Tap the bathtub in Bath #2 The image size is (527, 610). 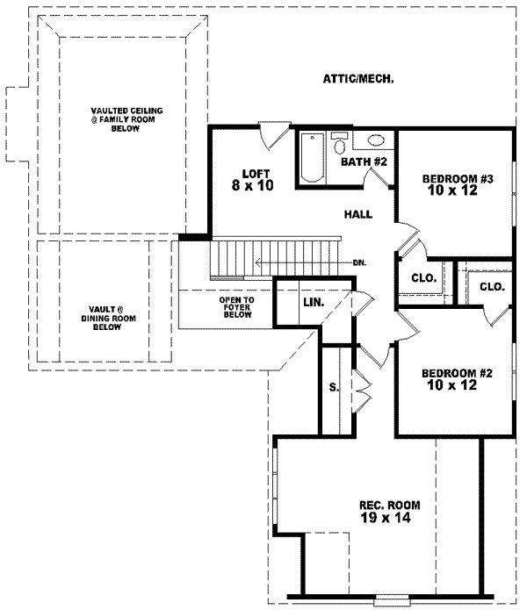pyautogui.click(x=312, y=158)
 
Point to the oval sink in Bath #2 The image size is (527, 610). pyautogui.click(x=375, y=140)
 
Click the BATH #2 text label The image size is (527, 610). pyautogui.click(x=364, y=161)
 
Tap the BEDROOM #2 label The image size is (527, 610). pyautogui.click(x=455, y=378)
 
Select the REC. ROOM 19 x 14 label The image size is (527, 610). pyautogui.click(x=390, y=512)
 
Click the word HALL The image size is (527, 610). pyautogui.click(x=357, y=213)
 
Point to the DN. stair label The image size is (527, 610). pyautogui.click(x=359, y=262)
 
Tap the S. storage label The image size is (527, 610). pyautogui.click(x=334, y=387)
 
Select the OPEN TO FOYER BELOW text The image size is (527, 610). pyautogui.click(x=237, y=306)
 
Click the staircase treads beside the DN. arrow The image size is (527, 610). pyautogui.click(x=233, y=259)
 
